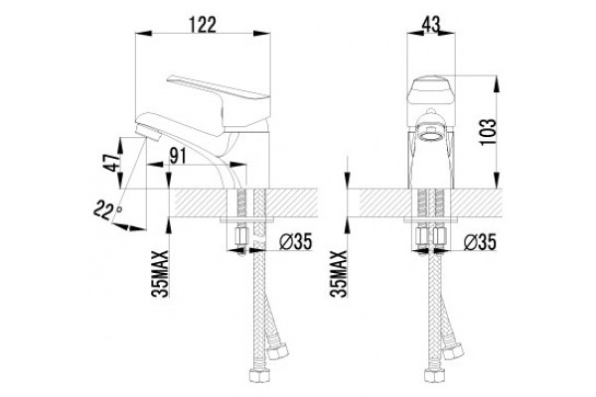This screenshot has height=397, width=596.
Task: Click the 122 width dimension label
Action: coord(203,25)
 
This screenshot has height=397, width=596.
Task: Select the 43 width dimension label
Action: coord(431,25)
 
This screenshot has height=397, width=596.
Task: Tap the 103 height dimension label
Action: coord(488,132)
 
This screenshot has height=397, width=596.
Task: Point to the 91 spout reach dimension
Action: coord(177,156)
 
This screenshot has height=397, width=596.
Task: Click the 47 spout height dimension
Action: coord(113,162)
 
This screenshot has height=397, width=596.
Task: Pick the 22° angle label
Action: coord(107,210)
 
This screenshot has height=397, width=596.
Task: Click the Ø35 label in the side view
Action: coord(295,241)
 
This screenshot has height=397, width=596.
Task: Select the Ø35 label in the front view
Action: coord(480,241)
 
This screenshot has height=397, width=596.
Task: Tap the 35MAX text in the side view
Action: coord(160,274)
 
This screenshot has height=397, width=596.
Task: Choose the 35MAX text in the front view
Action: coord(339,274)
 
